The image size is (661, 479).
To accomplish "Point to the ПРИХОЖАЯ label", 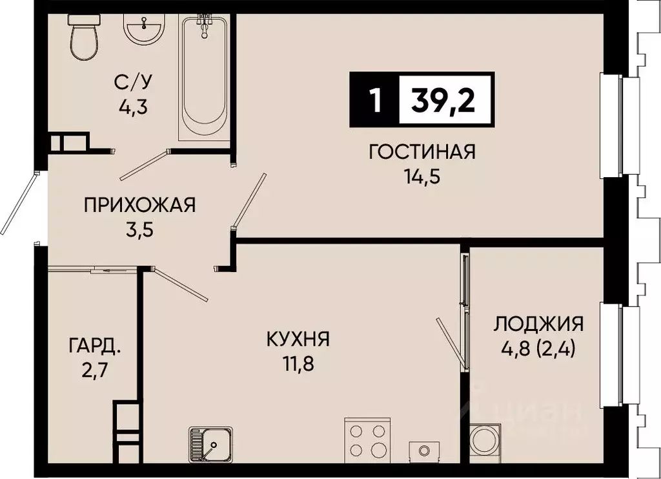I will coord(139,206).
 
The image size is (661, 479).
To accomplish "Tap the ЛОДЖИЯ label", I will coord(538,323).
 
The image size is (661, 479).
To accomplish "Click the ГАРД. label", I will coord(94,348).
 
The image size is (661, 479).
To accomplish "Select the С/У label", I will coord(133,82).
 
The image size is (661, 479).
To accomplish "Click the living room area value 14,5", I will coord(422,176).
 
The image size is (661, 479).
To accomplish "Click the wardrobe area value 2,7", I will coord(94,372).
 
